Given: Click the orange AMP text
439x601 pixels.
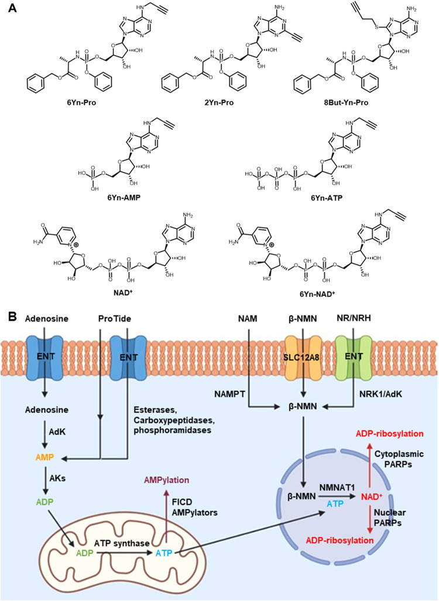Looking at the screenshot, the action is pos(44,458).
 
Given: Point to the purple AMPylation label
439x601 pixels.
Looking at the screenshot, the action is pos(166,480).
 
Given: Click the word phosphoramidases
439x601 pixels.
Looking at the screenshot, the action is pos(173,431).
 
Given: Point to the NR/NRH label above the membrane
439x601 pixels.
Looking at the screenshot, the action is pos(354,318).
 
